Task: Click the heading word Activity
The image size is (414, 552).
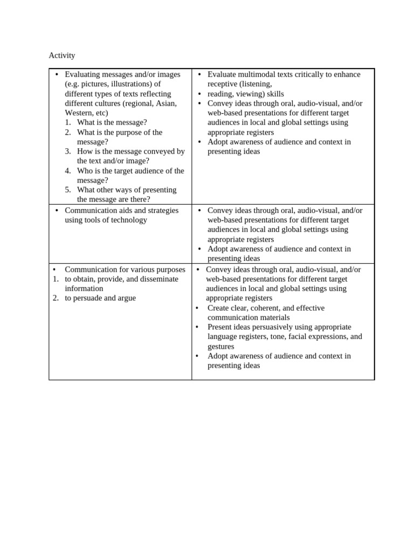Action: [62, 56]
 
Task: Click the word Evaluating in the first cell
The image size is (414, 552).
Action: [82, 74]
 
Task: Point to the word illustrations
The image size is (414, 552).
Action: [129, 84]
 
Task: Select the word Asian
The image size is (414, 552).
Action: [166, 103]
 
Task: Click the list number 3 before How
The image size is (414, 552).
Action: [68, 151]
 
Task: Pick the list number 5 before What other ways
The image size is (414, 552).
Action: [68, 190]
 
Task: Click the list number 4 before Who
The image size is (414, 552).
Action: [68, 171]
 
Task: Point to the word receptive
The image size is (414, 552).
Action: [223, 84]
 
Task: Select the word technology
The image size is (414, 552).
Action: [128, 220]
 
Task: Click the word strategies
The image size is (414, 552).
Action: [162, 210]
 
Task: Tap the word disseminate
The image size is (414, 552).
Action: [159, 279]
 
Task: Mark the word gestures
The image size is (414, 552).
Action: [221, 347]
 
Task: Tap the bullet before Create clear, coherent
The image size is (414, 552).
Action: [197, 308]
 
